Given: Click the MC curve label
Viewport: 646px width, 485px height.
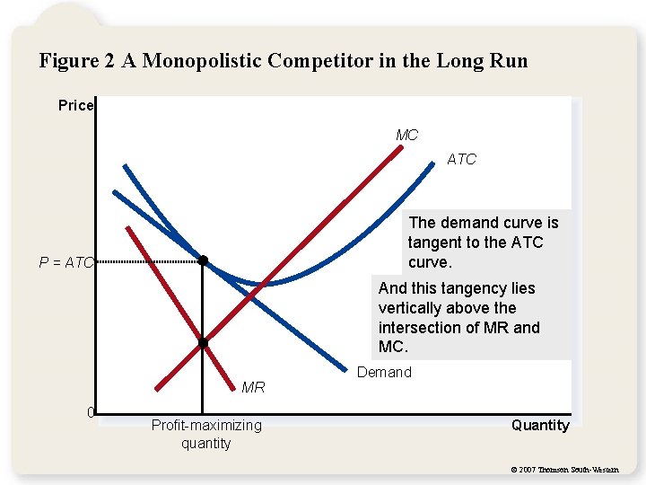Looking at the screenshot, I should tap(407, 136).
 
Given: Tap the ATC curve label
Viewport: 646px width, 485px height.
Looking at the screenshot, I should tap(461, 160).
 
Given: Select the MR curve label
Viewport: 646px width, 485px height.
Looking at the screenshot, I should tap(253, 388).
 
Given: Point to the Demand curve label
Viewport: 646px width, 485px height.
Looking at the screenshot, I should tap(384, 372).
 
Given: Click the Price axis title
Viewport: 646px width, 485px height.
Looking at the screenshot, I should tap(75, 106).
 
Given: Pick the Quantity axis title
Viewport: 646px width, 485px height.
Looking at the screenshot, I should tap(540, 426).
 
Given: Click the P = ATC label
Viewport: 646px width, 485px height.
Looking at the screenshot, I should tap(65, 263).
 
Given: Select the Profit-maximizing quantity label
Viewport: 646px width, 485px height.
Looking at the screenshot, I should tap(206, 434).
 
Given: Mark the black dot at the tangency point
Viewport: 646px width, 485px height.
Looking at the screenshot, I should tap(203, 261).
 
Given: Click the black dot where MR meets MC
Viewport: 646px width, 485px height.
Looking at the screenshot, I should tap(203, 343).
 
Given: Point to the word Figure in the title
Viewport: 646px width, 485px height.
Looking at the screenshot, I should tap(71, 61).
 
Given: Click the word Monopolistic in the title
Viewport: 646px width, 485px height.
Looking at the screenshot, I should tap(211, 61).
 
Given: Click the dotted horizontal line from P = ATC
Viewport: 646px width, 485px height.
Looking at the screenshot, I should tap(148, 261).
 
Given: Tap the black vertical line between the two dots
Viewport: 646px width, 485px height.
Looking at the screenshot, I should tap(203, 302).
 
